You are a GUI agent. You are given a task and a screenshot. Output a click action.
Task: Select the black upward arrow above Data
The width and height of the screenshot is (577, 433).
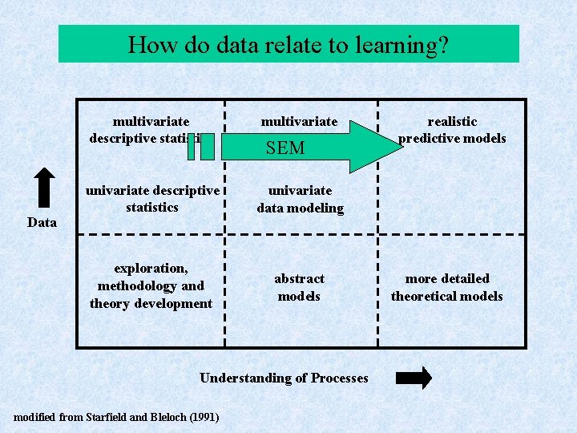pyautogui.click(x=45, y=190)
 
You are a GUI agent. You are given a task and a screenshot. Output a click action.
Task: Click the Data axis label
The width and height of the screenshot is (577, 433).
pyautogui.click(x=42, y=222)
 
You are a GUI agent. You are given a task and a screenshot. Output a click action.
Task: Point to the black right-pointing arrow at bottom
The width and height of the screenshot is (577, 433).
pyautogui.click(x=414, y=378)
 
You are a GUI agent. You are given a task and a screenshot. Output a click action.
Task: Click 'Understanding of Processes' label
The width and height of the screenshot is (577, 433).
pyautogui.click(x=284, y=378)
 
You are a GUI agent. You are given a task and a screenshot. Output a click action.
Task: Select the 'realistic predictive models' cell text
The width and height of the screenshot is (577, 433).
pyautogui.click(x=452, y=130)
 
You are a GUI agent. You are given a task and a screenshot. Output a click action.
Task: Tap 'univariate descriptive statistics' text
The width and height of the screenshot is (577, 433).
pyautogui.click(x=152, y=199)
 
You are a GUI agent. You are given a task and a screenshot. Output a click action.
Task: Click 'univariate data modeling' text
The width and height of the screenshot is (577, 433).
pyautogui.click(x=300, y=200)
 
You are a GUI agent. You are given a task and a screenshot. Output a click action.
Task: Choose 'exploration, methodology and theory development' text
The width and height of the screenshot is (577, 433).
pyautogui.click(x=151, y=285)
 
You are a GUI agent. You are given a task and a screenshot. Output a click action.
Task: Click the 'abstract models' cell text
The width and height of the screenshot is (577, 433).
pyautogui.click(x=299, y=287)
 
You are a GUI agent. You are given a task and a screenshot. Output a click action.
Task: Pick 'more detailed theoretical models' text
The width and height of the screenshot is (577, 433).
pyautogui.click(x=447, y=287)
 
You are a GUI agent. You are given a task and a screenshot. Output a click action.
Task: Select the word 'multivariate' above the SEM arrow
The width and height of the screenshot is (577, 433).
pyautogui.click(x=300, y=122)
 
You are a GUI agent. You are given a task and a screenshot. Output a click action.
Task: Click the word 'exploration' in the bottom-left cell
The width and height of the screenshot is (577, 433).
pyautogui.click(x=151, y=268)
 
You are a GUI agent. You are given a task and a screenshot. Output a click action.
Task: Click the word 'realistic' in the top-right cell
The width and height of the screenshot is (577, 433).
pyautogui.click(x=452, y=121)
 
